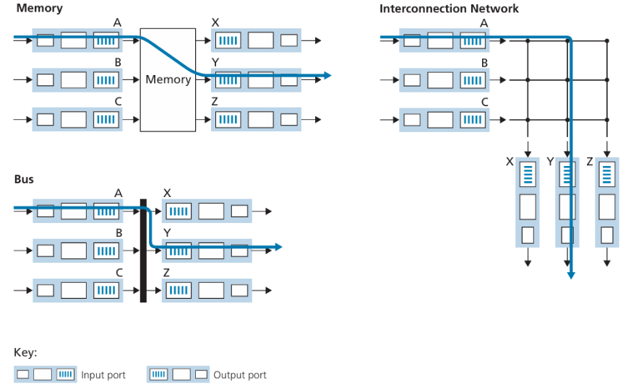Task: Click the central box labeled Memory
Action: (168, 79)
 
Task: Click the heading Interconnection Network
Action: (449, 9)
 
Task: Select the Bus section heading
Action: (24, 179)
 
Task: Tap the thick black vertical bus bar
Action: (143, 250)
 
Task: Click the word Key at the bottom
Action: (25, 352)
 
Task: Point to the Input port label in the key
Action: (103, 375)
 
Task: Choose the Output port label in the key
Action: (240, 375)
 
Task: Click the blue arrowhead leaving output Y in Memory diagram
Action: (327, 75)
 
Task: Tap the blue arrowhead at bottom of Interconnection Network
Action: (571, 275)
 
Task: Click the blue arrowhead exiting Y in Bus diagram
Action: (278, 247)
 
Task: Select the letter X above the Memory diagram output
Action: (215, 22)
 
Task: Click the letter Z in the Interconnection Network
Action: (590, 162)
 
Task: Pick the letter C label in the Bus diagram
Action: (119, 273)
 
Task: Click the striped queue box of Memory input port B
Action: (106, 80)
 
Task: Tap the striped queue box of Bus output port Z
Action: (179, 290)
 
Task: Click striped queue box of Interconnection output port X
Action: (528, 175)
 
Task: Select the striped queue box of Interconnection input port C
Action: (473, 120)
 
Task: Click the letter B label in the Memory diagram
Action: (118, 62)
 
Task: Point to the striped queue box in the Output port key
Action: (159, 374)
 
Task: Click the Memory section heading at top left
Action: (39, 9)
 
